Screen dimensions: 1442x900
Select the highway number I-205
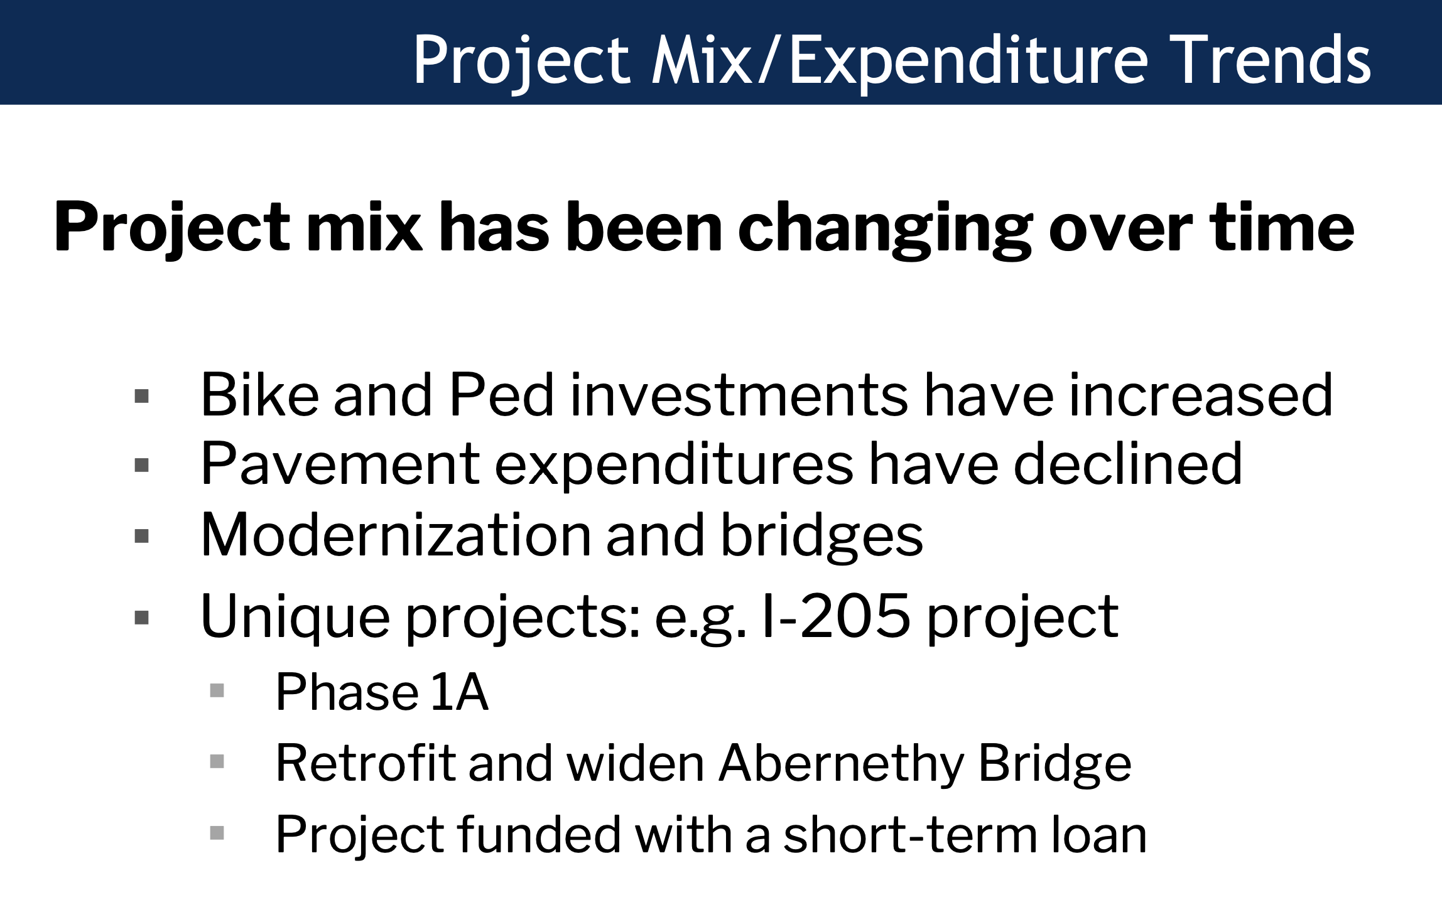(835, 616)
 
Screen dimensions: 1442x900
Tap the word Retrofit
(366, 763)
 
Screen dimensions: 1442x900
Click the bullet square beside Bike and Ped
(142, 396)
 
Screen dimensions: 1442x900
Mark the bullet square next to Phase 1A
(217, 690)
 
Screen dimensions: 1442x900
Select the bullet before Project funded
(217, 833)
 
